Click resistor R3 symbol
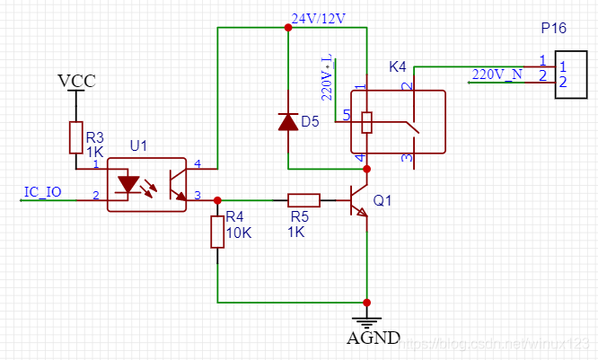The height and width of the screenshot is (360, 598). click(75, 137)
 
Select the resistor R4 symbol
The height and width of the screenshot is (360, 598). click(217, 231)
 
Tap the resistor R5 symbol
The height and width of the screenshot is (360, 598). click(303, 200)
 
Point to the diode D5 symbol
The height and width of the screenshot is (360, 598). click(287, 121)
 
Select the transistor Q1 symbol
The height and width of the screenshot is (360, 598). click(359, 201)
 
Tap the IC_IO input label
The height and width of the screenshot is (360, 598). click(42, 192)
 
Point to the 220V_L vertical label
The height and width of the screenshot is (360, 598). click(327, 76)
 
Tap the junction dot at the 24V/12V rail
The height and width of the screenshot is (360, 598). click(287, 28)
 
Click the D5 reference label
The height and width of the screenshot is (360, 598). click(310, 121)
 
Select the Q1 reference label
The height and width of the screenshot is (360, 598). click(383, 202)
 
